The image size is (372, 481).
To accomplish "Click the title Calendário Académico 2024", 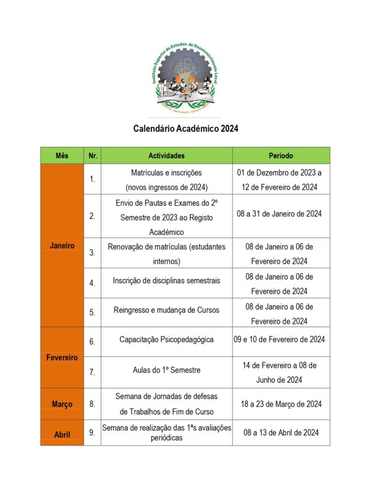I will (186, 129).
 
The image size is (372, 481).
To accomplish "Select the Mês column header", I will (62, 156).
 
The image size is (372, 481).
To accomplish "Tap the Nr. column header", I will (92, 156).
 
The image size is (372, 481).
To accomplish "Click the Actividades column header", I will (167, 156).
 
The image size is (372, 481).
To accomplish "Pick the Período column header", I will (280, 156).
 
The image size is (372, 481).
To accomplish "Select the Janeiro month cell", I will (62, 245).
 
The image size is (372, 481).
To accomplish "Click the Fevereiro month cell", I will (62, 357).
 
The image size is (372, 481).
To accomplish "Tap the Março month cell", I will (62, 404).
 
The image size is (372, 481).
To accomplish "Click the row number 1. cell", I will (92, 179).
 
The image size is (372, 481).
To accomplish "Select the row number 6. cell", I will (92, 341).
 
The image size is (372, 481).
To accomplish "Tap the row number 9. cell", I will (92, 433).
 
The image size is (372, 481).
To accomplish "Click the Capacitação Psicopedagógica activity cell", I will (167, 340).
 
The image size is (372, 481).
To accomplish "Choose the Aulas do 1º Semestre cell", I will (167, 371).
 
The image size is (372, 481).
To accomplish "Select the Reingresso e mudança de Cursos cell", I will (167, 311).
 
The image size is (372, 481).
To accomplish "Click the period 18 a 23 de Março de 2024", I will (280, 404).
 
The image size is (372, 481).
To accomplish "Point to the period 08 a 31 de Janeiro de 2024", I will (280, 214).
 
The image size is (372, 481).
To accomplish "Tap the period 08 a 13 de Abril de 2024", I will (280, 432).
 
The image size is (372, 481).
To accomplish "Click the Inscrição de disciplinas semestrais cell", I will (167, 281).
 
